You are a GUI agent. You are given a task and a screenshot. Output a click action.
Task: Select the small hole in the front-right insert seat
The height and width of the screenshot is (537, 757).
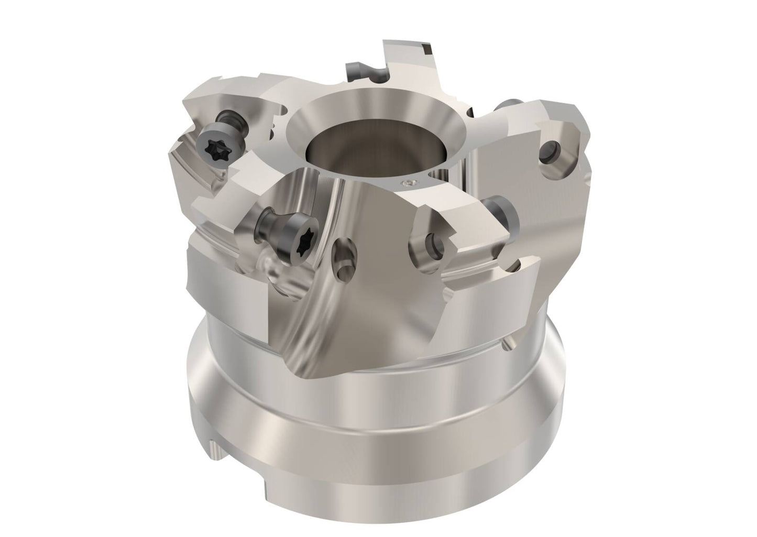pos(433,243)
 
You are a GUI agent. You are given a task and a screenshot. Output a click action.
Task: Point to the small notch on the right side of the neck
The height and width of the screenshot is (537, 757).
pos(508,343)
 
